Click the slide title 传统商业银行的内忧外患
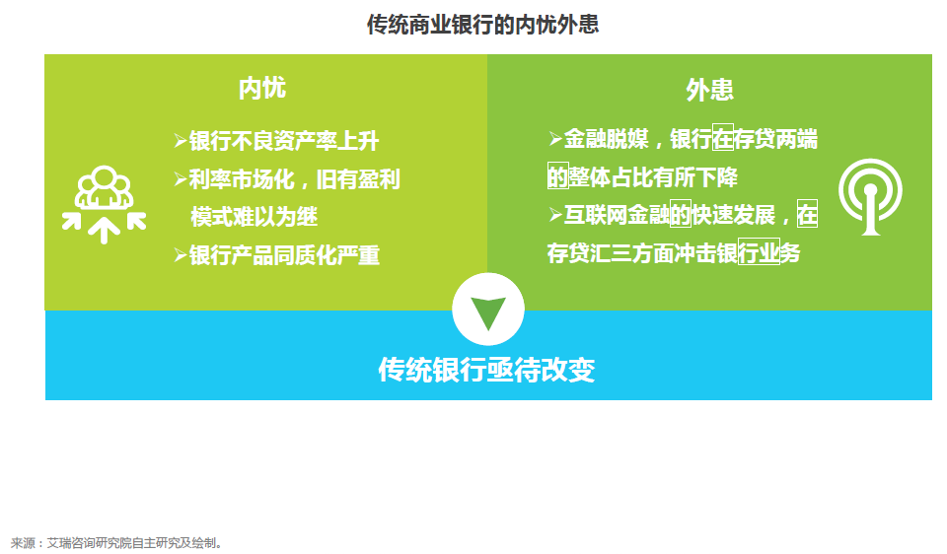point(482,25)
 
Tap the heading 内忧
point(262,88)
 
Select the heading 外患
point(709,90)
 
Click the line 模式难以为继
point(255,217)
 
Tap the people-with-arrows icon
point(104,204)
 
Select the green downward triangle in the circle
point(488,312)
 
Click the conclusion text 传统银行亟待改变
point(486,370)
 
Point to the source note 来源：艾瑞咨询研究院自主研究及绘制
point(116,543)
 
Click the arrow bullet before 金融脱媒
point(555,139)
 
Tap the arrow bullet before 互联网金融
point(555,215)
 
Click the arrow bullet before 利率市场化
point(181,179)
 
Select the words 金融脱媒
point(607,139)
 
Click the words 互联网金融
point(617,215)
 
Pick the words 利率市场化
point(242,179)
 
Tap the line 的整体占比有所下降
point(642,177)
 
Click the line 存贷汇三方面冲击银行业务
point(674,253)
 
